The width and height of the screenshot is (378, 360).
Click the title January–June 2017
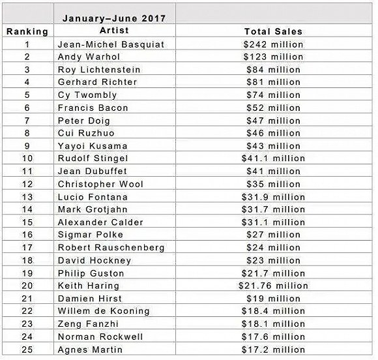point(114,18)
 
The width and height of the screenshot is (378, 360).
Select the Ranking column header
point(27,31)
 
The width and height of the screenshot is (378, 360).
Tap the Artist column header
point(114,31)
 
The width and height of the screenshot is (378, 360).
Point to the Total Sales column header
point(273,31)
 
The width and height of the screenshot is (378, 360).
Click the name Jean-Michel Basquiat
point(111,44)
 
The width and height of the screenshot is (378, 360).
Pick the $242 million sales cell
point(273,44)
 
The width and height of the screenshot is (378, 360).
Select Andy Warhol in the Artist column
point(89,57)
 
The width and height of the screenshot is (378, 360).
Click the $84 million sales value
point(273,70)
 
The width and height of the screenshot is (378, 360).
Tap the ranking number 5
point(27,95)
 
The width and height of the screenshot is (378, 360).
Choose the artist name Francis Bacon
point(93,108)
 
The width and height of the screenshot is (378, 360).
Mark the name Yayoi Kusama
point(93,146)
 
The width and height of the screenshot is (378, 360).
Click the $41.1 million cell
point(273,158)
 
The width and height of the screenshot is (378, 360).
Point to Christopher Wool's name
point(100,185)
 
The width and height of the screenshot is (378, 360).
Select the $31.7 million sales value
point(273,209)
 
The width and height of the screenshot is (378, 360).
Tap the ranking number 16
point(27,235)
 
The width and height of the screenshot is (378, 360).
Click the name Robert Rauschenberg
point(111,248)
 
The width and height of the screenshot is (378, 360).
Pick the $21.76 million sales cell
point(273,286)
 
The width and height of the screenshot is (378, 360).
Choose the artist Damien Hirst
point(90,299)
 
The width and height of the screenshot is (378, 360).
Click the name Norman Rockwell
point(100,337)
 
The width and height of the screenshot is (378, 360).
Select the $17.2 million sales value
point(273,350)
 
